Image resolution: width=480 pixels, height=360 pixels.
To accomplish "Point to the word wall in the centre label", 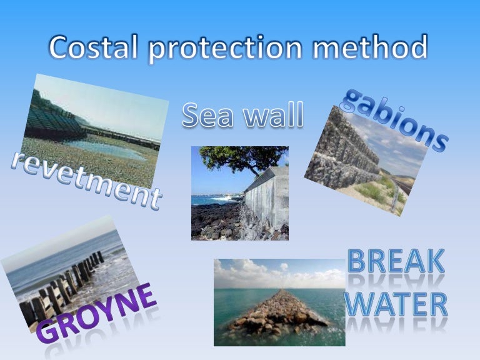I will pos(271,116).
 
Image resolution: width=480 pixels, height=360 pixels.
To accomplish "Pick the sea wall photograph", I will pos(239,193).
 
